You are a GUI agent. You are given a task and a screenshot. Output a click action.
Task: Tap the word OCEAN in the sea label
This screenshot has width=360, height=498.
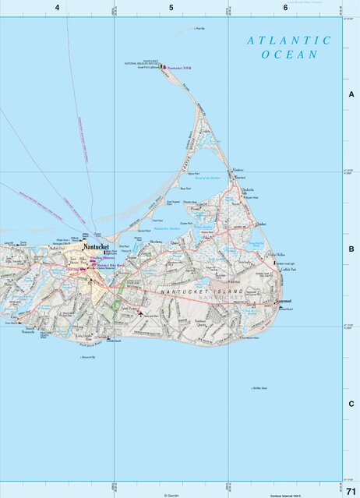coord(290,55)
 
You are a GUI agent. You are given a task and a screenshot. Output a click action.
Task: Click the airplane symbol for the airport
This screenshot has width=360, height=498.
coord(140,313)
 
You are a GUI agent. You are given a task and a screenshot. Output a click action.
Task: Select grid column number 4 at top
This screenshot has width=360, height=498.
coord(57,8)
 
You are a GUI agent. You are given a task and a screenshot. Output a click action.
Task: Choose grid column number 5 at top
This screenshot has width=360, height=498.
coord(171,8)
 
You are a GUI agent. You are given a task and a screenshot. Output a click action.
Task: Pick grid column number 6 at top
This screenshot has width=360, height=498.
coord(285,8)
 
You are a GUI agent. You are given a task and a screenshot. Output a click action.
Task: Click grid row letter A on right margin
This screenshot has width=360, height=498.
coord(351,94)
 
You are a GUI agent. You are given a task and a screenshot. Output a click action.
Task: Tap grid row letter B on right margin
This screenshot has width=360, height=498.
coord(351,249)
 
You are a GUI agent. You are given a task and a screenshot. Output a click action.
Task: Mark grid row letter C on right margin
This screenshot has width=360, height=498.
coord(351,404)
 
